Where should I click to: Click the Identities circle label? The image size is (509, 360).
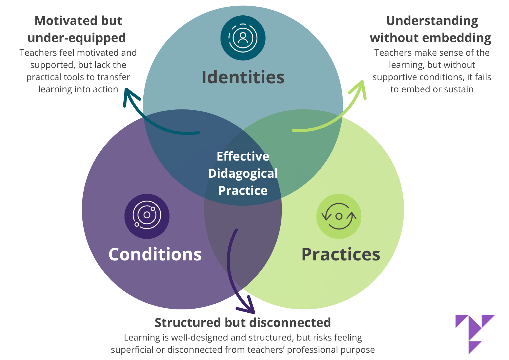coord(243,78)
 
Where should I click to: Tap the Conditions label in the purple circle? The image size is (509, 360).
coord(155,254)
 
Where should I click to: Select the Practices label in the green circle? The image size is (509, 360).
coord(341,254)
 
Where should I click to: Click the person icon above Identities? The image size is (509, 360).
coord(243,38)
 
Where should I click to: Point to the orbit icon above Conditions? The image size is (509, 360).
coord(147,215)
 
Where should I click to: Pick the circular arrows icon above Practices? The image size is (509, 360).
coord(339,216)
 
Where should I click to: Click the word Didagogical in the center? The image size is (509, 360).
coord(243,174)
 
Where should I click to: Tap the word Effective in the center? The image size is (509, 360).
coord(243,156)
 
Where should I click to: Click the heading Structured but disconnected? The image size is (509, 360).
coord(243,323)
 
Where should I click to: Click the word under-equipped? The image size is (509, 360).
coord(77,38)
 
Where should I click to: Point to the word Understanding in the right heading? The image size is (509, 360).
coord(432,21)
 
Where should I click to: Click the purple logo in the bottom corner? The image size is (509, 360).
coord(474,334)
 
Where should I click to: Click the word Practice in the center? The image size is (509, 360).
coord(243,191)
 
